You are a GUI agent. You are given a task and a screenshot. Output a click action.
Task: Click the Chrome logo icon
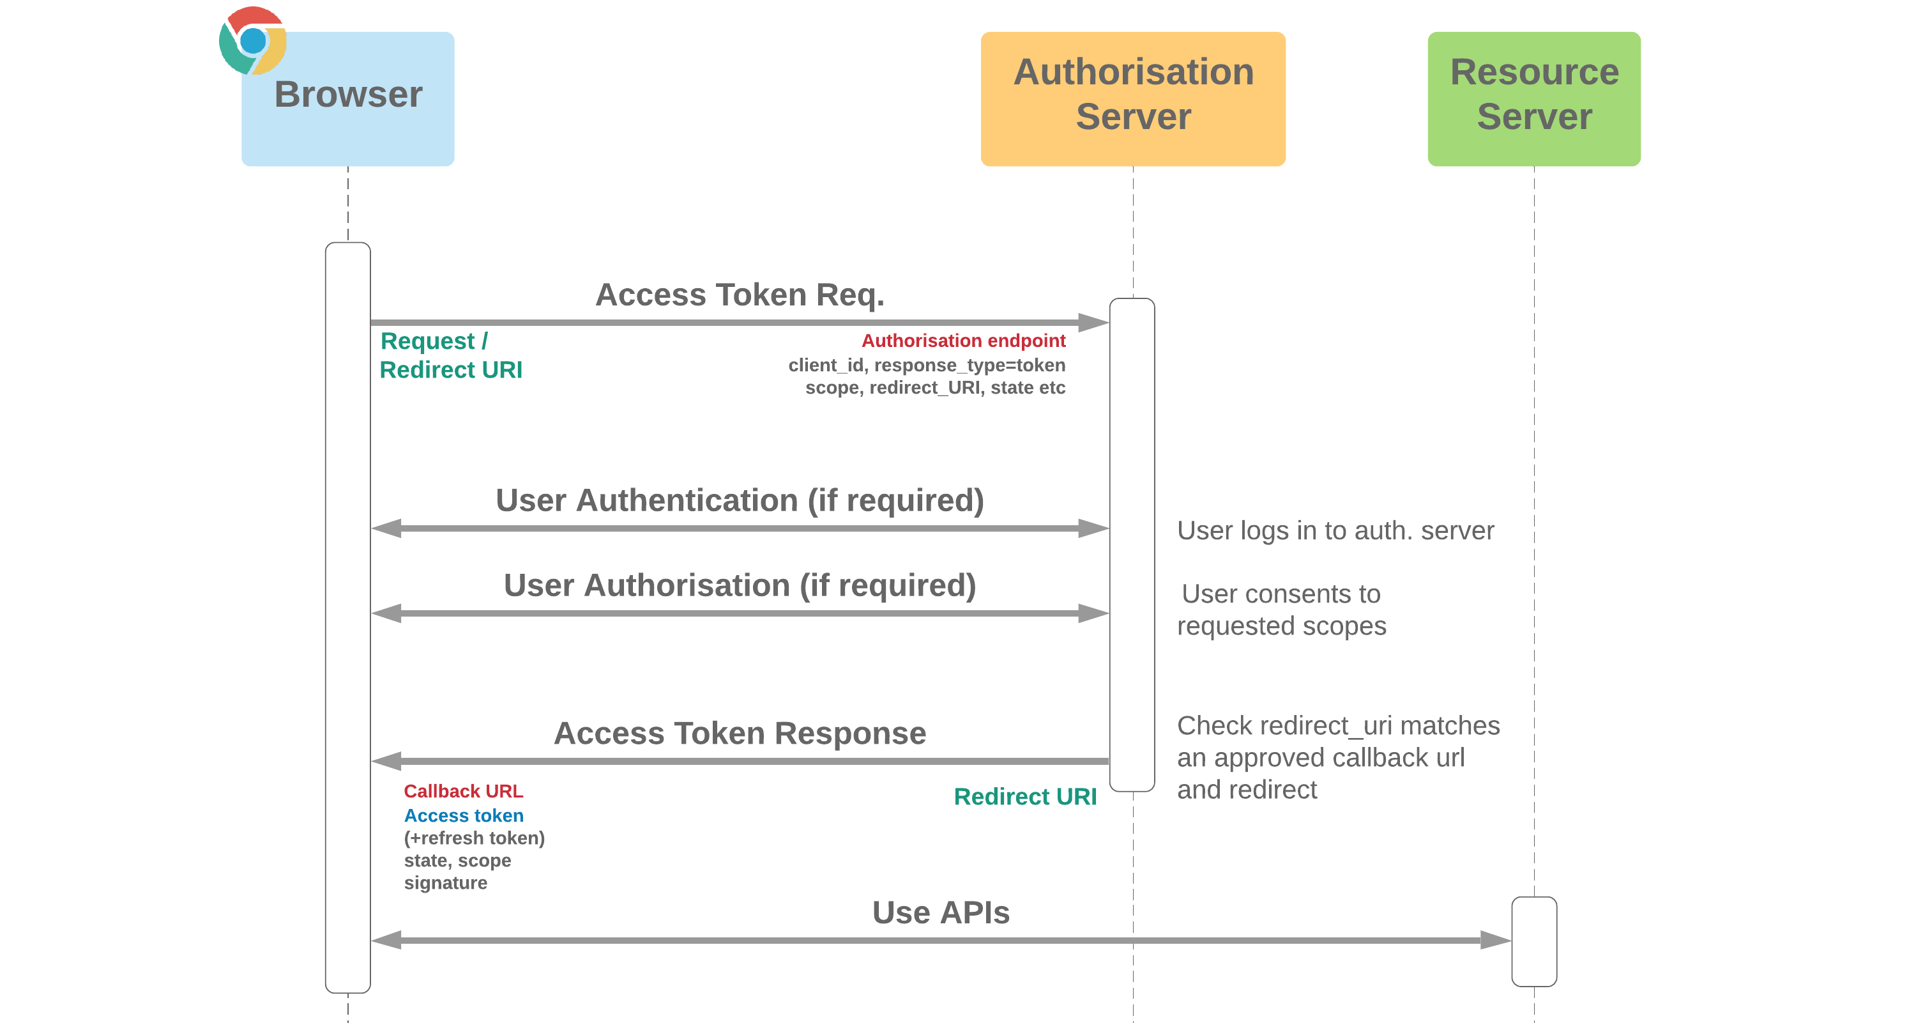(x=252, y=40)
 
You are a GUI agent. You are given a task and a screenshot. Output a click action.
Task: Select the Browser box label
(x=348, y=95)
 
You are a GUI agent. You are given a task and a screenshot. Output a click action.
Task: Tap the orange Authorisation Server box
(x=1132, y=98)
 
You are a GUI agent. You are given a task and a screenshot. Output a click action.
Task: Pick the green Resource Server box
(x=1533, y=98)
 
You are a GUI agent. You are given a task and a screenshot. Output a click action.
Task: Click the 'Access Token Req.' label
(x=740, y=295)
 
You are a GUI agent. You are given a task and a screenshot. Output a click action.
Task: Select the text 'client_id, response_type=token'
(x=926, y=365)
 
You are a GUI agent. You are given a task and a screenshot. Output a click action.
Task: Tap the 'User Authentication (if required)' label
(x=740, y=500)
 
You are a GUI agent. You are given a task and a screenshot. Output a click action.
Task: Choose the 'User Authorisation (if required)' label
(x=740, y=585)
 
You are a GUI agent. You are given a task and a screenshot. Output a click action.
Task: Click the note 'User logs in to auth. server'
(x=1335, y=530)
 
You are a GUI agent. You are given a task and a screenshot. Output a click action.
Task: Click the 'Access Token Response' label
(x=740, y=734)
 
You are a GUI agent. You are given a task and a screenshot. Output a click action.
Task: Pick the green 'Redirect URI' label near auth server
(x=1024, y=797)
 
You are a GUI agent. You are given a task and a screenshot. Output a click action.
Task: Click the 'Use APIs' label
(x=940, y=913)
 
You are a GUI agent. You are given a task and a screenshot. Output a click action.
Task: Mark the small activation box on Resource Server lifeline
(x=1533, y=941)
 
